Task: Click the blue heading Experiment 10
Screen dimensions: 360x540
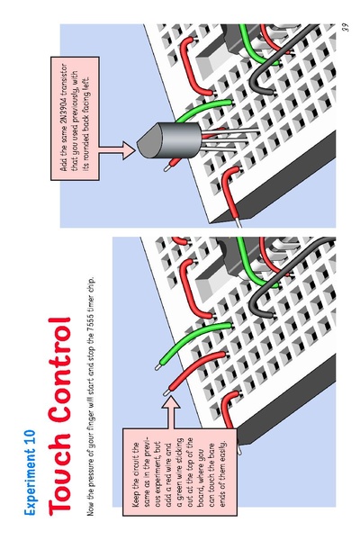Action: [x=30, y=472]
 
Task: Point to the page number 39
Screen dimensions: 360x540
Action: [x=346, y=27]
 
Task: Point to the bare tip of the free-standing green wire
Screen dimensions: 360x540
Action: [x=158, y=367]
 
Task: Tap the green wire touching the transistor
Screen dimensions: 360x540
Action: [x=203, y=109]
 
